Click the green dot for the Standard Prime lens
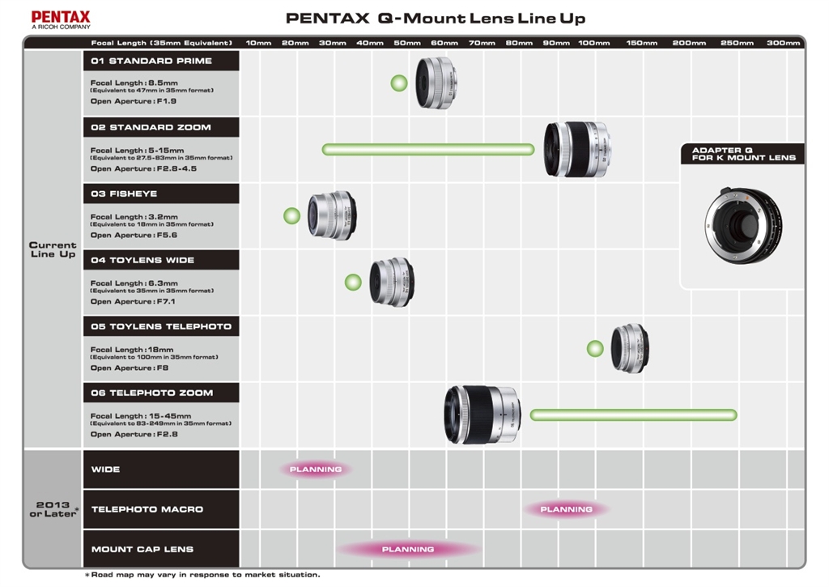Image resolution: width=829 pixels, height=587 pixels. point(398,83)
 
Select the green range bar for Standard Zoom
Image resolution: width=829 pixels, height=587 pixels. point(428,149)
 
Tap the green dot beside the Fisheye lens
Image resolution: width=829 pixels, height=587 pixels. point(291,215)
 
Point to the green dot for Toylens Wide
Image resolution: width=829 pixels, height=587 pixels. point(352,282)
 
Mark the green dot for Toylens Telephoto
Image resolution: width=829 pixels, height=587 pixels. point(595,348)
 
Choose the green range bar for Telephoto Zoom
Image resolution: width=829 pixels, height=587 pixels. point(633,415)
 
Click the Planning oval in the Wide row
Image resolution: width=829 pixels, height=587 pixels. point(316,469)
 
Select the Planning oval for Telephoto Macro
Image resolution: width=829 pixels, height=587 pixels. point(566,509)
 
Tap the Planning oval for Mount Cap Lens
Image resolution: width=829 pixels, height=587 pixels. point(408,549)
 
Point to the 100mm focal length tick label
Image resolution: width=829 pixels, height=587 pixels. point(594,43)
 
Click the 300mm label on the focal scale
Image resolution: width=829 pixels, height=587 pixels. point(783,43)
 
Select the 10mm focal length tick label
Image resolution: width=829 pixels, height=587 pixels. point(258,43)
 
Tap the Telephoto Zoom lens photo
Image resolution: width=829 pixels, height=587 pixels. point(483,415)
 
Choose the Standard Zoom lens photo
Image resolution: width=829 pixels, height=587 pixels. point(576,149)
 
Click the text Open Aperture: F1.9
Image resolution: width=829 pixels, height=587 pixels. point(134,101)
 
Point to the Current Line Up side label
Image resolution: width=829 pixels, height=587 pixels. point(53,249)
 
